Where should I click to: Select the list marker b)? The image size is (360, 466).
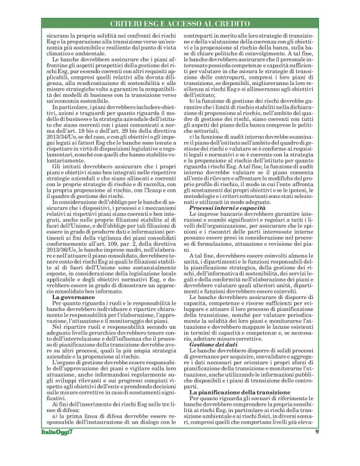tap(192, 100)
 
